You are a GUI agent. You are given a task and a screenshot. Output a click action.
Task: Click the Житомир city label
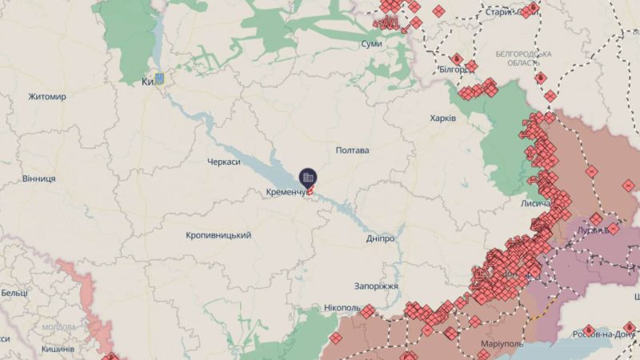[x=47, y=97]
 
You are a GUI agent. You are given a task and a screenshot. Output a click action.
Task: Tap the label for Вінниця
[x=39, y=178]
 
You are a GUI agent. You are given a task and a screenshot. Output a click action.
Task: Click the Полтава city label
[x=352, y=150]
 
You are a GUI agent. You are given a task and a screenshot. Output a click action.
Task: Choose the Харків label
[x=442, y=118]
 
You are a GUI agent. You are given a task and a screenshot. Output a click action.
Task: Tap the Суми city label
[x=371, y=43]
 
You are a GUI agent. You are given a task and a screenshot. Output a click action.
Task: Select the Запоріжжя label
[x=376, y=286]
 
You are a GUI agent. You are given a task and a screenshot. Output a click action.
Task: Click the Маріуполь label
[x=503, y=344]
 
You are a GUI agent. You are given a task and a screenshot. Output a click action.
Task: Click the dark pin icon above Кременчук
[x=308, y=178]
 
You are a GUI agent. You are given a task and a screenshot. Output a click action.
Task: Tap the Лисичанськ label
[x=535, y=204]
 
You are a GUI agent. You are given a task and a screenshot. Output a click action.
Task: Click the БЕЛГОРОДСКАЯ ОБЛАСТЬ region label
[x=523, y=58]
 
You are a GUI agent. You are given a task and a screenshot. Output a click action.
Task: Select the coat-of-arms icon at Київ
[x=159, y=79]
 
